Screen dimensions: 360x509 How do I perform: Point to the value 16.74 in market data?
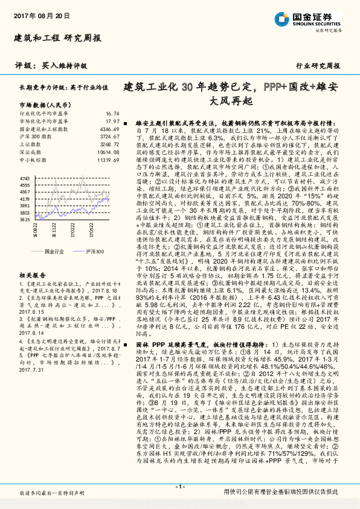112,114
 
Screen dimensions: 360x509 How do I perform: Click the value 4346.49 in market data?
109,129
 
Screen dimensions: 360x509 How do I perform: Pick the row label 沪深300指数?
36,137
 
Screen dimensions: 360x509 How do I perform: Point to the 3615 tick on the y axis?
25,219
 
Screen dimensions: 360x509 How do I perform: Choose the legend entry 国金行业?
54,250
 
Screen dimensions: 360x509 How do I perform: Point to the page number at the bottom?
179,487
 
